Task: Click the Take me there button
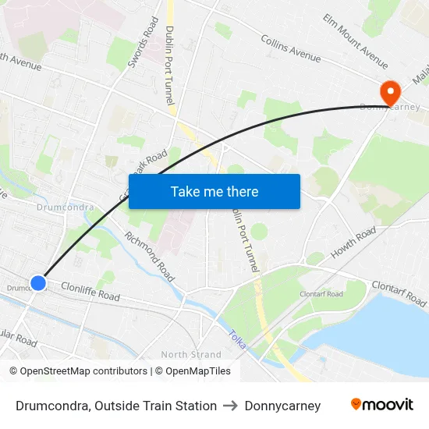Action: pyautogui.click(x=214, y=191)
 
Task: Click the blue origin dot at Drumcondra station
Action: pyautogui.click(x=37, y=283)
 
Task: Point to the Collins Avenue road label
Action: pyautogui.click(x=291, y=49)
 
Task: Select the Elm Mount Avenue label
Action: pyautogui.click(x=355, y=41)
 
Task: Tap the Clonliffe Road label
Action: pyautogui.click(x=90, y=292)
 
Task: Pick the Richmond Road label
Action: pyautogui.click(x=150, y=257)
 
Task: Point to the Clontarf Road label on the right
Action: pyautogui.click(x=399, y=292)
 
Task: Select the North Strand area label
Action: pyautogui.click(x=191, y=354)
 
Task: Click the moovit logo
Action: pyautogui.click(x=381, y=405)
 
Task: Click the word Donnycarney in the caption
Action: pyautogui.click(x=282, y=406)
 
